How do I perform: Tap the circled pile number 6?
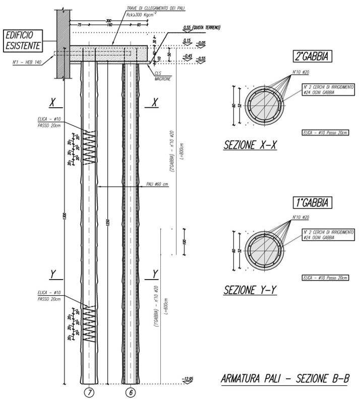tap(131, 391)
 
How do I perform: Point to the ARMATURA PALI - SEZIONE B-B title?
tap(285, 379)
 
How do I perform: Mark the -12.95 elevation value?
tap(189, 378)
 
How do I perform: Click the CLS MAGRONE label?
tap(162, 74)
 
